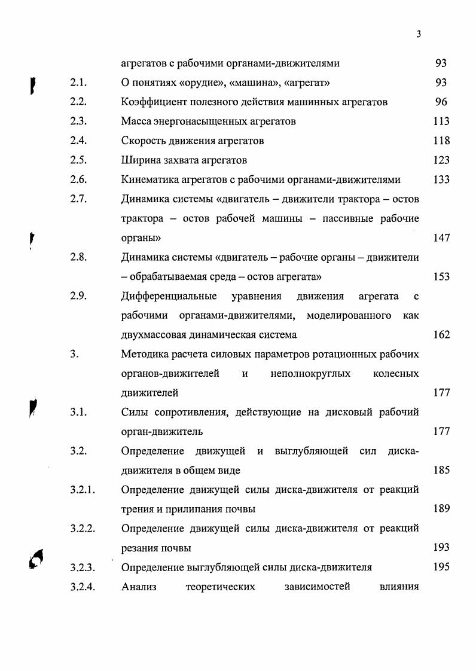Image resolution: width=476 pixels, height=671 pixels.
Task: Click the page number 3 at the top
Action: tap(419, 35)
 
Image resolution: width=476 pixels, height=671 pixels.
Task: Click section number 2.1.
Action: tap(78, 83)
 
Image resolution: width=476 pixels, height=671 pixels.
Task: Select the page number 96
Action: tap(441, 102)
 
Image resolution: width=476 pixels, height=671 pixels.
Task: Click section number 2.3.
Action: tap(78, 121)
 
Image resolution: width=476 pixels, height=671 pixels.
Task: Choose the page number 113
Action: tap(441, 121)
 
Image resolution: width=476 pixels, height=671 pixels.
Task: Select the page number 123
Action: tap(441, 160)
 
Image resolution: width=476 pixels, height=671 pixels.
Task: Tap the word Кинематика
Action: tap(149, 180)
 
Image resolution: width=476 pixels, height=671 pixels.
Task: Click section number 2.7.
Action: tap(78, 199)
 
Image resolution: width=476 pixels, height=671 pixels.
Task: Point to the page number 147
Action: tap(441, 238)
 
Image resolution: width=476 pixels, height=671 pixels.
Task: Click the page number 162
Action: tap(441, 335)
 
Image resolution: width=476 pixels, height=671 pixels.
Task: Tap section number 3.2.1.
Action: tap(83, 490)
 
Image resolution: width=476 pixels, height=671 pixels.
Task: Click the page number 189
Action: tap(441, 510)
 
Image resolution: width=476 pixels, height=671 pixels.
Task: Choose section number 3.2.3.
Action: tap(83, 568)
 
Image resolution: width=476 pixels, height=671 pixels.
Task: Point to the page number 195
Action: tap(441, 568)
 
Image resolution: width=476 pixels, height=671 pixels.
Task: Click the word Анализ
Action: tap(138, 587)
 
